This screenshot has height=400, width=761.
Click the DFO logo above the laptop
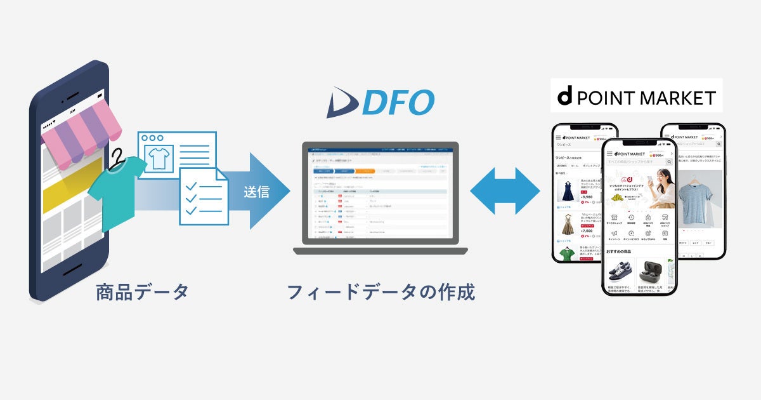tap(380, 102)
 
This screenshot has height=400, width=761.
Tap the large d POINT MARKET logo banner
tap(636, 97)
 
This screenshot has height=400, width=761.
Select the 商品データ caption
tap(143, 293)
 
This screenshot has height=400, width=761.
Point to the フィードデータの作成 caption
tap(380, 293)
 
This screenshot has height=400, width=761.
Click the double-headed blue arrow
tap(505, 191)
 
